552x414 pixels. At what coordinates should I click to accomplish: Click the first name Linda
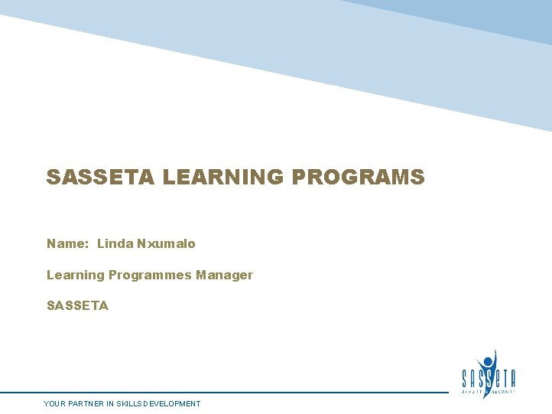[115, 243]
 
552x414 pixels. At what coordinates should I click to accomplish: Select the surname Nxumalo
[166, 243]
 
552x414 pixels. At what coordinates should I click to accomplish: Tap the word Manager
[224, 275]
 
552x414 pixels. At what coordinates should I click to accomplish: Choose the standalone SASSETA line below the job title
[77, 305]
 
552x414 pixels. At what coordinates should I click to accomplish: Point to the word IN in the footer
[112, 403]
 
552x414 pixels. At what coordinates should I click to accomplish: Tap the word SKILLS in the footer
[132, 403]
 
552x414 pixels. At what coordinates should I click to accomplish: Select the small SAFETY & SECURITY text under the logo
[489, 391]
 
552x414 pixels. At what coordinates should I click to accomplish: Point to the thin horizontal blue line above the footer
[229, 393]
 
